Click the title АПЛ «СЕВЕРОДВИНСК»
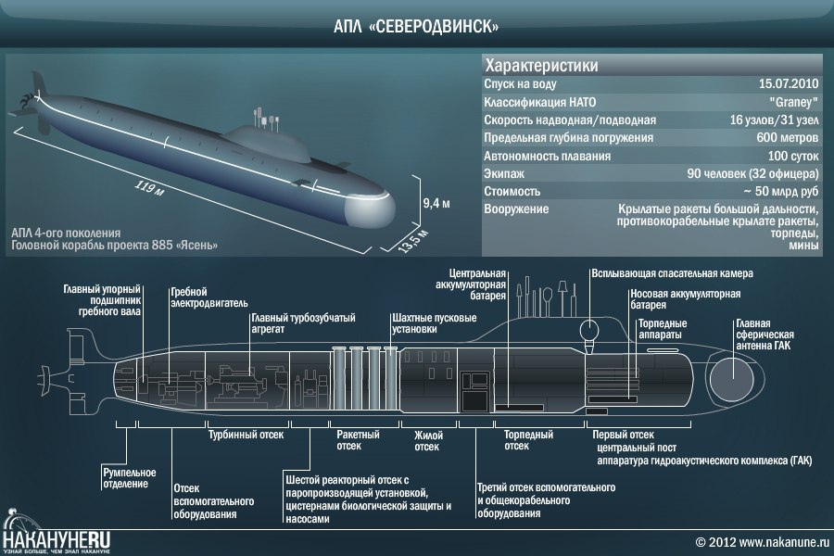pyautogui.click(x=416, y=26)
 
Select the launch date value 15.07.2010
pyautogui.click(x=789, y=83)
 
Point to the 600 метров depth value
pyautogui.click(x=787, y=137)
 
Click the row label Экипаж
pyautogui.click(x=504, y=173)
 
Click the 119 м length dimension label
pyautogui.click(x=149, y=188)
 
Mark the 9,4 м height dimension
pyautogui.click(x=436, y=203)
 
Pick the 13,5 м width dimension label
pyautogui.click(x=413, y=240)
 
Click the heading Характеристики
pyautogui.click(x=541, y=66)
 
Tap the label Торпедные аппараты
pyautogui.click(x=663, y=329)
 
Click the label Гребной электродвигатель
pyautogui.click(x=209, y=297)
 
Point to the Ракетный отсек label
pyautogui.click(x=358, y=440)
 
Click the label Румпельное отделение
pyautogui.click(x=130, y=478)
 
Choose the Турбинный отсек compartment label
pyautogui.click(x=246, y=435)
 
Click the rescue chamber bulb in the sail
pyautogui.click(x=588, y=331)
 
